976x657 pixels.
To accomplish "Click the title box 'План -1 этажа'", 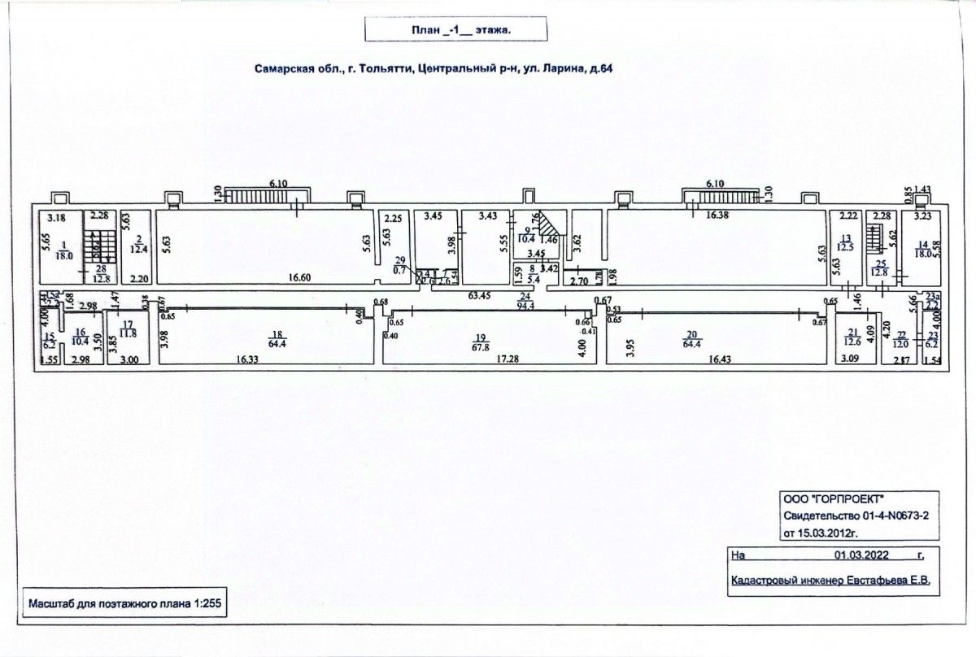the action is tap(455, 30).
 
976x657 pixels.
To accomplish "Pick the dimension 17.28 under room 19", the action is tap(484, 359).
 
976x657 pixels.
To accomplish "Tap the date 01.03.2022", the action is tap(861, 556).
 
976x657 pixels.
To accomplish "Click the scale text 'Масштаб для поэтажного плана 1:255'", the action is tap(124, 604).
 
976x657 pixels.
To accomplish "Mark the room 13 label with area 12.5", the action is tap(846, 246).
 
